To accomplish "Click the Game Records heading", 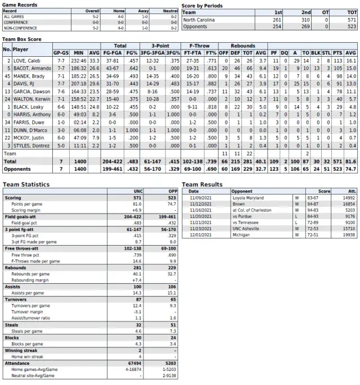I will pyautogui.click(x=21, y=4).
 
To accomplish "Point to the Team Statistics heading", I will pyautogui.click(x=26, y=184).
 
